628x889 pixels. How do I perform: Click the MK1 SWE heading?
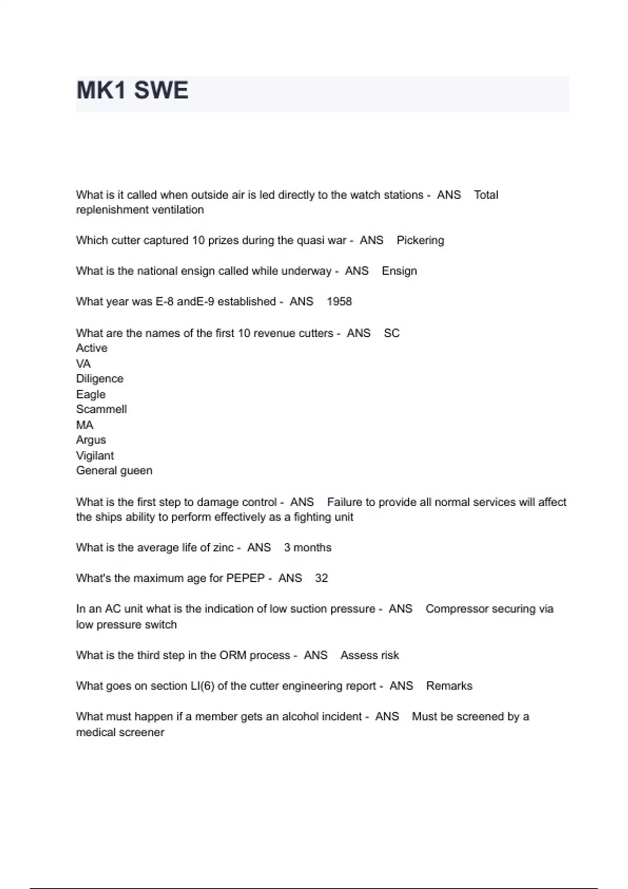point(132,90)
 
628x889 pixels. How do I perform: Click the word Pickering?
point(420,241)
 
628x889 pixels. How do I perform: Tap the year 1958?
point(339,302)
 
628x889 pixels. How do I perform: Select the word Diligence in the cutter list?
point(99,379)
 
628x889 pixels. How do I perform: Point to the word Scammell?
point(101,409)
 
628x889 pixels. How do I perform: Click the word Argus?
point(91,440)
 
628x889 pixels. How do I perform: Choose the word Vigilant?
point(95,455)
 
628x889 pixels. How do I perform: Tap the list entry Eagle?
point(91,394)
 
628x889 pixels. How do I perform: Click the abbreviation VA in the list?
point(83,363)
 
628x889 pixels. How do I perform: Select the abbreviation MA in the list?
point(84,425)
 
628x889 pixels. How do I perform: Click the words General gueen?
point(114,471)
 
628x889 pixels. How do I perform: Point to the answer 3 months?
point(308,548)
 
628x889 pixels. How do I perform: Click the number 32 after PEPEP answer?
point(321,578)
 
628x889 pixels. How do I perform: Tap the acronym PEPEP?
point(245,578)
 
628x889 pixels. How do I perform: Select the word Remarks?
point(449,686)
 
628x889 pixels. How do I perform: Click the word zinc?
point(223,548)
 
